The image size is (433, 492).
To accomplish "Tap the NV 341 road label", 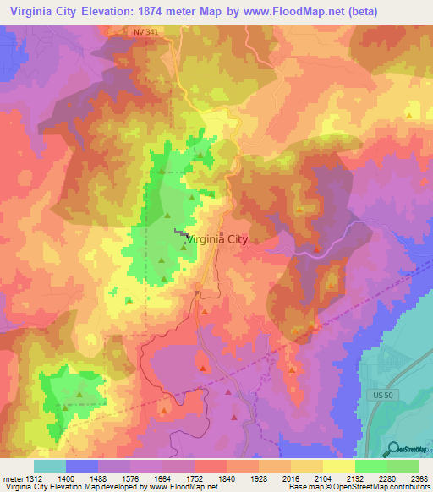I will (x=146, y=32).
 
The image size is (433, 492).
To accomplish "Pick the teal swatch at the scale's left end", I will (x=50, y=466).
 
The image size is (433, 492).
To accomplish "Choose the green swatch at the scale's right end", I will (x=403, y=466).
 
